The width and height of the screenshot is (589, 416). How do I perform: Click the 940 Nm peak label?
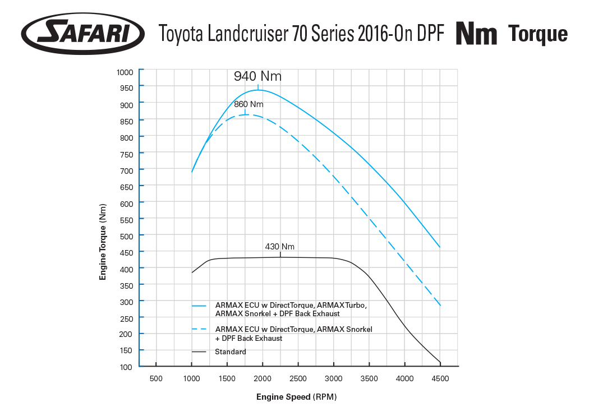[257, 76]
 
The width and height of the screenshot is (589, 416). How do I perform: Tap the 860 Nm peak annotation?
[249, 104]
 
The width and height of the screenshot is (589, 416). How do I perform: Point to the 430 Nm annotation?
[279, 247]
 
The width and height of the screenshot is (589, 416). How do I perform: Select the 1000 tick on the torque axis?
[125, 72]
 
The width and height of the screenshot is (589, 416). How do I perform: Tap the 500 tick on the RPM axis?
[156, 378]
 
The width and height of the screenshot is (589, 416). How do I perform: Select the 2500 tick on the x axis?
[298, 378]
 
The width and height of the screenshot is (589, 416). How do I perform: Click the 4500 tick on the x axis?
[440, 378]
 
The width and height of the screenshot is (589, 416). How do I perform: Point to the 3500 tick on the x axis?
[369, 378]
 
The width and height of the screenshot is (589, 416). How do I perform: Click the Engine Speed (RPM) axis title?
[296, 397]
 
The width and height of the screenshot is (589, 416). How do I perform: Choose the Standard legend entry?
[230, 352]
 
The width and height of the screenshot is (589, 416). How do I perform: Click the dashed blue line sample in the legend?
[200, 329]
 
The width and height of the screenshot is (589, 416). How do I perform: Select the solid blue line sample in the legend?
[200, 306]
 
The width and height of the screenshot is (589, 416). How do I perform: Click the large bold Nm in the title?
[476, 34]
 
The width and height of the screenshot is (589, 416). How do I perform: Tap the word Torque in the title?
[537, 34]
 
